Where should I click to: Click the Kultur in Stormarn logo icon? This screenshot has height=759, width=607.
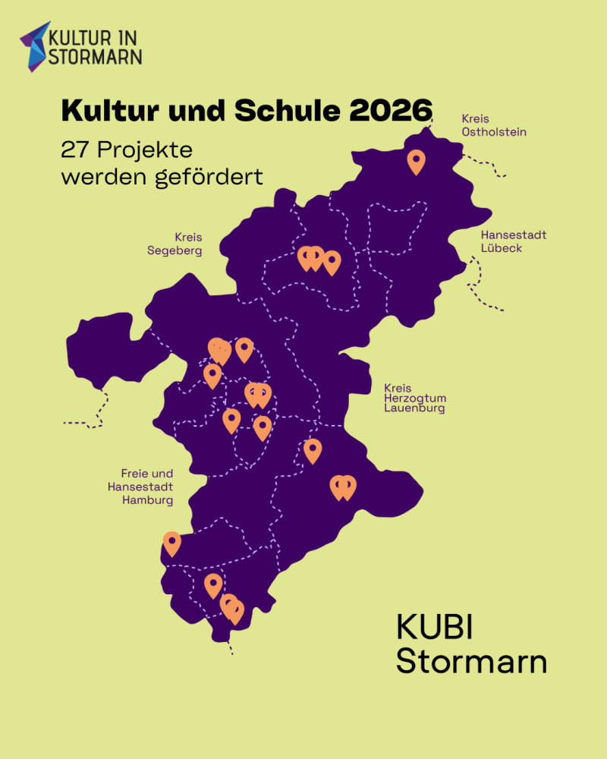(34, 46)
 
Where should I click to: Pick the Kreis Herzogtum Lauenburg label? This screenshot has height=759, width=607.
(414, 398)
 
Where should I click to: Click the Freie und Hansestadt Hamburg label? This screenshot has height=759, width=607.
(147, 487)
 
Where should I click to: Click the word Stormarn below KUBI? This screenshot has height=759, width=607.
(471, 661)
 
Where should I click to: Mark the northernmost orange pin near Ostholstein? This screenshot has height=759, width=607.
(416, 161)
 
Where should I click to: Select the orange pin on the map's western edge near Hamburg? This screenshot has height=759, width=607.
(172, 542)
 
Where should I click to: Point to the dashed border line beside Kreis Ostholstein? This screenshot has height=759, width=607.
(486, 163)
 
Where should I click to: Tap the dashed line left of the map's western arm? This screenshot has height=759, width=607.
(91, 414)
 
